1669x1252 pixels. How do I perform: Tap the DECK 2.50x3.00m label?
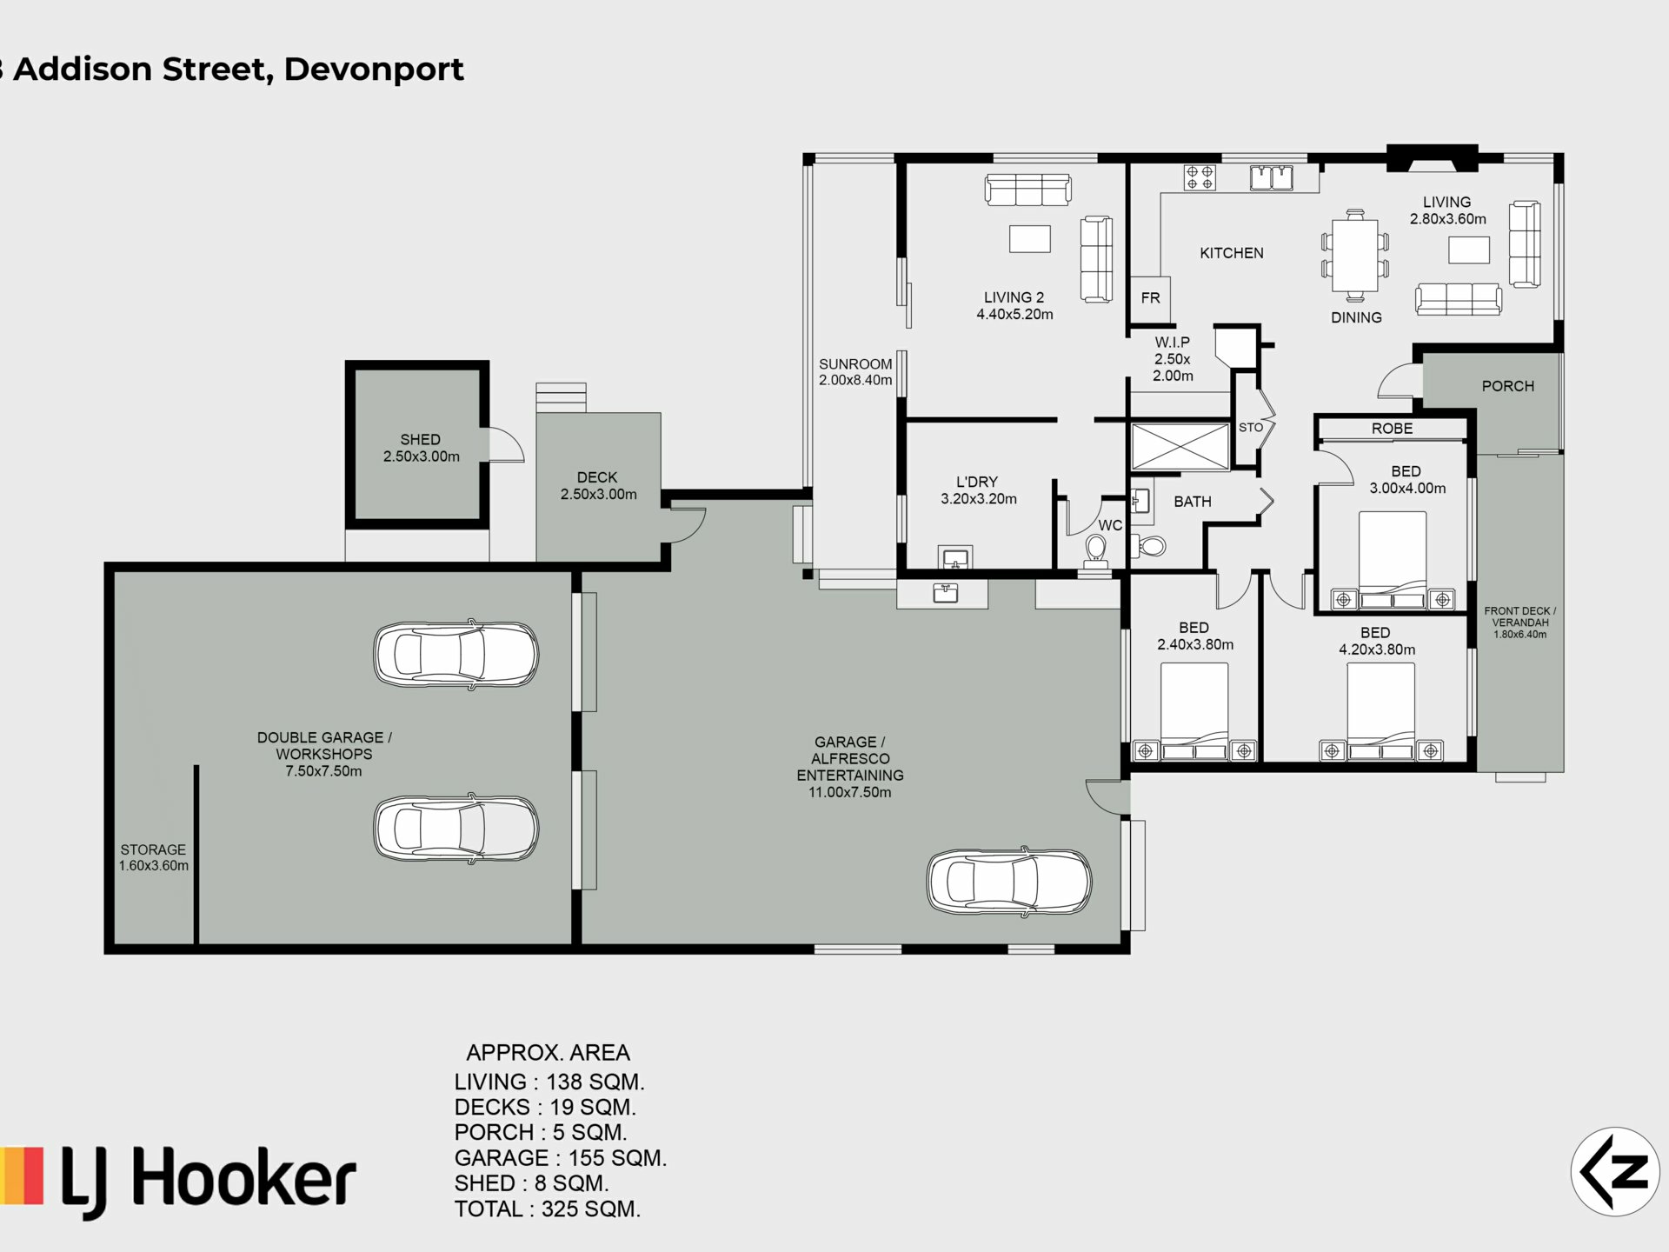point(598,485)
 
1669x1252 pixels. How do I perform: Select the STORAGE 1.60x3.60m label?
point(154,857)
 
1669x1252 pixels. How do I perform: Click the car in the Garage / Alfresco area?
point(1009,882)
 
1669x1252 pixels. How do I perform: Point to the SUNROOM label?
point(855,364)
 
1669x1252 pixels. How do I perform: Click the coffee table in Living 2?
point(1030,239)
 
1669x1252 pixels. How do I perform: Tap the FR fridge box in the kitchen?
point(1150,299)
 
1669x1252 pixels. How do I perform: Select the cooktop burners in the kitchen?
point(1200,177)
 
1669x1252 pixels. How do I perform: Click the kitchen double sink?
point(1272,177)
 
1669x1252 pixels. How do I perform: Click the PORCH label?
point(1508,386)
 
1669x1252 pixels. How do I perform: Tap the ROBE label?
point(1392,429)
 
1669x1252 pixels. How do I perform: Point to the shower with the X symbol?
point(1180,447)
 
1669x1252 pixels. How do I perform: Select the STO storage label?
point(1251,428)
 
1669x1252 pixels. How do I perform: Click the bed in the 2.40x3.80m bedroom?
point(1194,712)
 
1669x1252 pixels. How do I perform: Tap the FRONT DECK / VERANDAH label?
point(1520,623)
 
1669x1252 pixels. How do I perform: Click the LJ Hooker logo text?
point(209,1181)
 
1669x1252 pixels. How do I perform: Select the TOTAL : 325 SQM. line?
point(548,1209)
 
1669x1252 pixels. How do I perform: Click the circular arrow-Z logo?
point(1615,1171)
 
